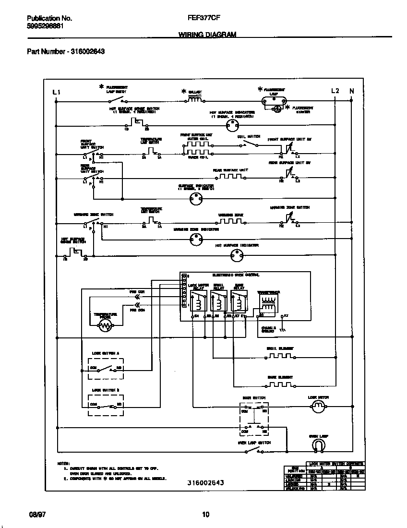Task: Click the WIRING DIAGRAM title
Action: tap(207, 35)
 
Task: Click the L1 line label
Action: tap(57, 91)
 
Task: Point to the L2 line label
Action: tap(335, 91)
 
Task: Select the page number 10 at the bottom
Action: tap(205, 515)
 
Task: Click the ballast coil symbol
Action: tap(194, 100)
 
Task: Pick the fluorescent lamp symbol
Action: tap(274, 101)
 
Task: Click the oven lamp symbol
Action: tap(318, 446)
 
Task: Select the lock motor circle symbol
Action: tap(318, 408)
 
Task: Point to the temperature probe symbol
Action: tap(105, 326)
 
